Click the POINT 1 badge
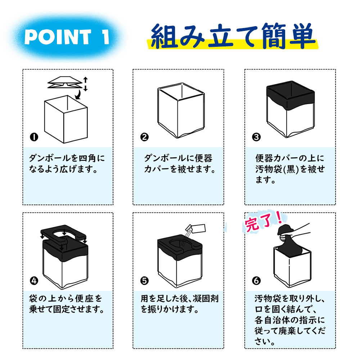67,37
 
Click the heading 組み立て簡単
233,36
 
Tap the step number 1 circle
34,137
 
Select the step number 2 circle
144,137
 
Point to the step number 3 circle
256,137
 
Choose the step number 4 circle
34,280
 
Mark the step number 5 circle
144,280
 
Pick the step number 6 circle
256,280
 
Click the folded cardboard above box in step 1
65,82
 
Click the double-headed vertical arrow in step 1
85,84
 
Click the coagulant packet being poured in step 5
195,229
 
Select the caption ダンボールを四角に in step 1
67,158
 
